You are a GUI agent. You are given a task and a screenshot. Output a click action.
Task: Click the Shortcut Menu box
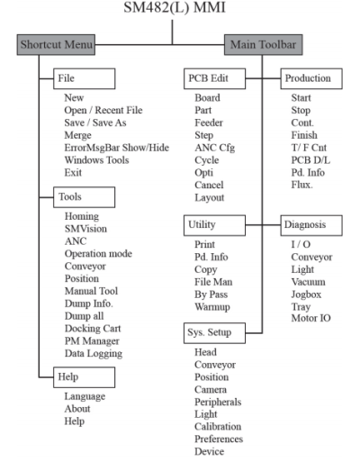(x=56, y=45)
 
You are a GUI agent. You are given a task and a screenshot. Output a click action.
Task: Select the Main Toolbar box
(x=264, y=45)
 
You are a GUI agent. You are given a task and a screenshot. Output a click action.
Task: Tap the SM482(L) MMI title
(x=175, y=7)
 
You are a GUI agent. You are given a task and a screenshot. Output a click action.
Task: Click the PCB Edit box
(x=215, y=78)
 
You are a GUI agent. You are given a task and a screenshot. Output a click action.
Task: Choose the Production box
(x=311, y=78)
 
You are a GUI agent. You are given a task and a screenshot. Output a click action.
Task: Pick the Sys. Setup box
(x=214, y=333)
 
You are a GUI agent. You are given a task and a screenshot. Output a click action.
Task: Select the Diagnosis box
(x=311, y=225)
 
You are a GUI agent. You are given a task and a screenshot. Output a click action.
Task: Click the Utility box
(x=214, y=225)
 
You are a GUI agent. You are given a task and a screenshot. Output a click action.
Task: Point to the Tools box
(x=84, y=197)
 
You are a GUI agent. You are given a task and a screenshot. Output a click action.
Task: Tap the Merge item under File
(x=77, y=135)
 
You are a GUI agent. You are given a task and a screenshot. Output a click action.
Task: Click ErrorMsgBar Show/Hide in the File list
(x=117, y=148)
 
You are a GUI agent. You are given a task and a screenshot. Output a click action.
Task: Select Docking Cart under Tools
(x=93, y=329)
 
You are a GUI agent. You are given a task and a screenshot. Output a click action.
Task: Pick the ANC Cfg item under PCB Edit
(x=215, y=148)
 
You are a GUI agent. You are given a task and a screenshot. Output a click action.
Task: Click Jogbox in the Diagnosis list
(x=306, y=294)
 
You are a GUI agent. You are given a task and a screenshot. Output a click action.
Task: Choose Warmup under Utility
(x=212, y=307)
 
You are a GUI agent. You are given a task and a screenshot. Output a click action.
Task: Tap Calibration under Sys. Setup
(x=218, y=427)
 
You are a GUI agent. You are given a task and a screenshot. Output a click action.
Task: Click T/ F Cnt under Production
(x=309, y=148)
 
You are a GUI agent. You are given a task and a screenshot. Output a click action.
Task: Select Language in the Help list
(x=85, y=396)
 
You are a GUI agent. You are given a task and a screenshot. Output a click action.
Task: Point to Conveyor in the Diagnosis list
(x=311, y=258)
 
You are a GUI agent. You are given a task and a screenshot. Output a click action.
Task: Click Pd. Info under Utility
(x=211, y=257)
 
